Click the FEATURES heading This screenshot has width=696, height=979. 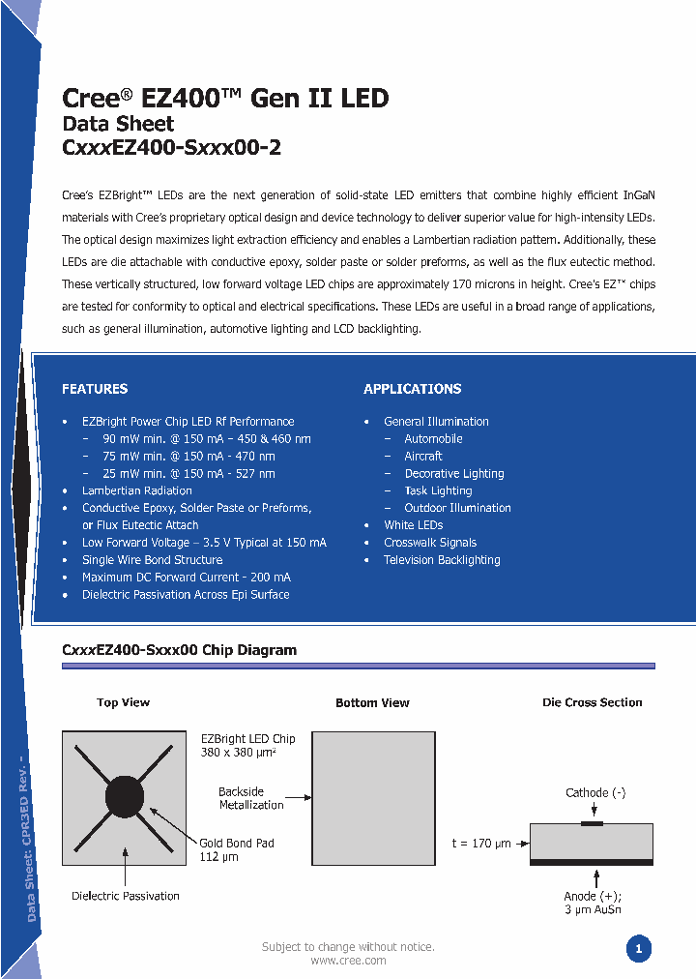pyautogui.click(x=95, y=389)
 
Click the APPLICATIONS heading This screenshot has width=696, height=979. pyautogui.click(x=412, y=389)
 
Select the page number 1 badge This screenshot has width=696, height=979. pyautogui.click(x=638, y=949)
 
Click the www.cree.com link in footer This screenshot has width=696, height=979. pyautogui.click(x=348, y=961)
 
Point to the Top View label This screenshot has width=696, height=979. pyautogui.click(x=123, y=702)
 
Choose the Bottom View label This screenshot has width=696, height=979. pyautogui.click(x=372, y=703)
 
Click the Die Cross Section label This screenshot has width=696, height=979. pyautogui.click(x=592, y=702)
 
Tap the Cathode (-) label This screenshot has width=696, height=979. pyautogui.click(x=595, y=793)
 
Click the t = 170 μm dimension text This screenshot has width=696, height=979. pyautogui.click(x=481, y=844)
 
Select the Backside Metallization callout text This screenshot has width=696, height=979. pyautogui.click(x=251, y=798)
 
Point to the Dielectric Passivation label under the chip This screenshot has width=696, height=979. pyautogui.click(x=126, y=896)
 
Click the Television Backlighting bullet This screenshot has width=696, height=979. pyautogui.click(x=442, y=560)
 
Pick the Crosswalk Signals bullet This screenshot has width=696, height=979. pyautogui.click(x=430, y=543)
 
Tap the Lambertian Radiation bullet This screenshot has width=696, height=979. pyautogui.click(x=137, y=490)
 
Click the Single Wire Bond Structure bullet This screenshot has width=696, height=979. pyautogui.click(x=152, y=560)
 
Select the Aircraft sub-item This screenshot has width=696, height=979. pyautogui.click(x=423, y=456)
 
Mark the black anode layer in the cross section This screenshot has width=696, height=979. pyautogui.click(x=592, y=861)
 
